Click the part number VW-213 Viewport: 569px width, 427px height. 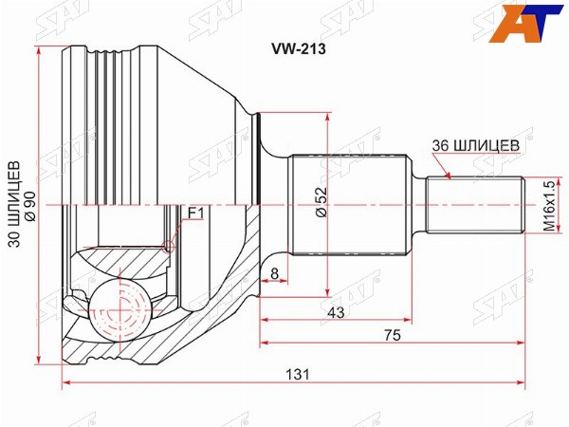click(x=299, y=48)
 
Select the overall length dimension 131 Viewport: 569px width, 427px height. click(x=298, y=374)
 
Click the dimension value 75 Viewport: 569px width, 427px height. click(x=393, y=335)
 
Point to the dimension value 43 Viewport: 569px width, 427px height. click(x=336, y=312)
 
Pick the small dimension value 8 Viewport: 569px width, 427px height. click(x=274, y=274)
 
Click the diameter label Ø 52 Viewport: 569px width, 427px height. click(x=321, y=202)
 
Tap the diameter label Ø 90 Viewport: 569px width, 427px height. click(x=30, y=206)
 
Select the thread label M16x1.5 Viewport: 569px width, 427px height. click(x=549, y=206)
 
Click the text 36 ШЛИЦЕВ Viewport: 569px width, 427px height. click(x=476, y=145)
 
